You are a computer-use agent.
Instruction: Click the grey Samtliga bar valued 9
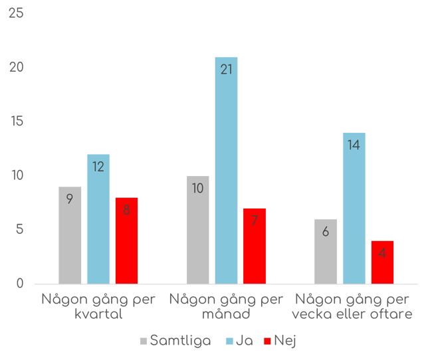[x=70, y=235]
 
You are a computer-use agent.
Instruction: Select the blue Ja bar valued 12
[x=98, y=219]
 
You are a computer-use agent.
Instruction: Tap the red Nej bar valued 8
[x=126, y=240]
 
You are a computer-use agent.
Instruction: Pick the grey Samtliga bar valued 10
[x=197, y=230]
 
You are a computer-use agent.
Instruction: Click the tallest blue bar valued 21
[x=226, y=171]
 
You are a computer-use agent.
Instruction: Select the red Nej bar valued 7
[x=255, y=246]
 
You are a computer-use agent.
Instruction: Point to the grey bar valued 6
[x=326, y=251]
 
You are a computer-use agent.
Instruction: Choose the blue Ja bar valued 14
[x=354, y=208]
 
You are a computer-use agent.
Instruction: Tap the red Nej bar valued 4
[x=382, y=262]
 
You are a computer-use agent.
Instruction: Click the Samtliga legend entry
[x=175, y=341]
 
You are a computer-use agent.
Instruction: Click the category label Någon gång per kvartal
[x=98, y=306]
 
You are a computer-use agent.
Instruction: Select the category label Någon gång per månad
[x=226, y=306]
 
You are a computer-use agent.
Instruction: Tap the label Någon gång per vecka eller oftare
[x=354, y=306]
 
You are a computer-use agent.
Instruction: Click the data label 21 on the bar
[x=226, y=68]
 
